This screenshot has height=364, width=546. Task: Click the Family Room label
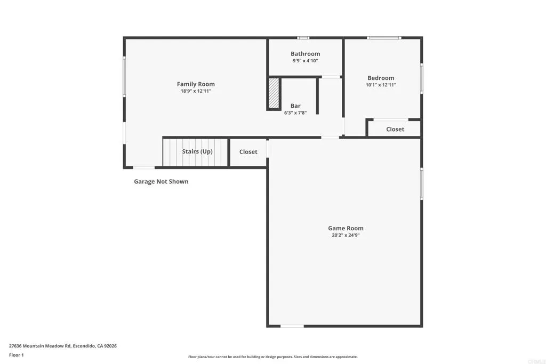196,84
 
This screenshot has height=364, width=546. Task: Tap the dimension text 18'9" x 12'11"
196,91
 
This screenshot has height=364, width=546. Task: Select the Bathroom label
305,54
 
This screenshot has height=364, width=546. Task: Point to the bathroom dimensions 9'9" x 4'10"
305,61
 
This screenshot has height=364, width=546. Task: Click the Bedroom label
381,78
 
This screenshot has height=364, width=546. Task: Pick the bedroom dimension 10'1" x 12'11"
381,85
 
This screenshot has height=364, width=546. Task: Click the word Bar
295,106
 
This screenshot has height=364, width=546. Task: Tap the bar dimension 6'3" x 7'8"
295,113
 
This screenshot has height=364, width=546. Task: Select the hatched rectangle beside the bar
274,93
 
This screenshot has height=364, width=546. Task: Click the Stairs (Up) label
197,152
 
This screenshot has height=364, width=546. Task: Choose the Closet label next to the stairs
248,152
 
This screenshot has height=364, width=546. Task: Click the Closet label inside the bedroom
395,130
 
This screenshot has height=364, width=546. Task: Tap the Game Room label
346,228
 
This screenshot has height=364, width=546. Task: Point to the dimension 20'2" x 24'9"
346,235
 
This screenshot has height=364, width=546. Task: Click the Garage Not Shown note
161,182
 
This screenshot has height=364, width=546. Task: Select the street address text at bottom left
63,346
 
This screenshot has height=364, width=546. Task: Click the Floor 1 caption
17,355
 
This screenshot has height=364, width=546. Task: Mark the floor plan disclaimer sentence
272,357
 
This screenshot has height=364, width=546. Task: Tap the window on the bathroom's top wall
303,38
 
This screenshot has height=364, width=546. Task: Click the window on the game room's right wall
421,184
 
